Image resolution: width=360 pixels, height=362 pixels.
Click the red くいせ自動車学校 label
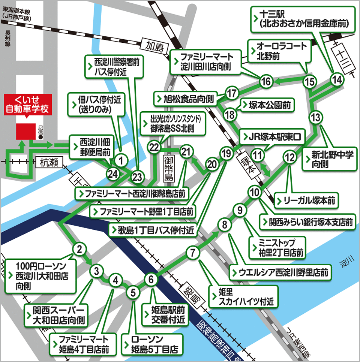[x=27, y=105]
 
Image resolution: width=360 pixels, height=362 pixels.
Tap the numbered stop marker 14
[x=337, y=79]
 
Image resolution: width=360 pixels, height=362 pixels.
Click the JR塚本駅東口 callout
[x=273, y=136]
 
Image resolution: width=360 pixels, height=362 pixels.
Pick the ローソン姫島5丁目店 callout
[x=152, y=345]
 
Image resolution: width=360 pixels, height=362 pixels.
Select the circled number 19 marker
[x=225, y=153]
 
